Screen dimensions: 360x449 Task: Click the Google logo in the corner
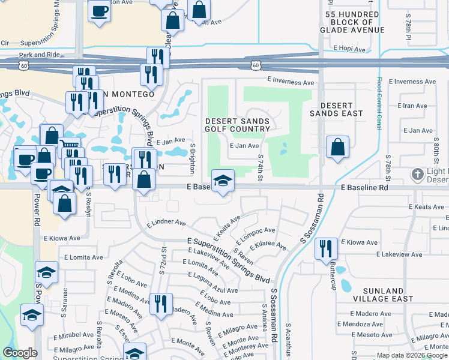[20, 353]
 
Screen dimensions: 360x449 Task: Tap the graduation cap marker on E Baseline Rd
[222, 181]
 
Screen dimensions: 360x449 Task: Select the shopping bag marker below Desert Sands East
[338, 147]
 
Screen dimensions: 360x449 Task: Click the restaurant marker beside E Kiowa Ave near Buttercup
[326, 248]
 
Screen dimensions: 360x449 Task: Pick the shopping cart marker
[70, 148]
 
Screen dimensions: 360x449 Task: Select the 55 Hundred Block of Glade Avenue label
[354, 22]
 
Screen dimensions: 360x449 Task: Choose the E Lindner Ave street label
[166, 222]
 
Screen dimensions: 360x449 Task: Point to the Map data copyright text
[412, 355]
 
